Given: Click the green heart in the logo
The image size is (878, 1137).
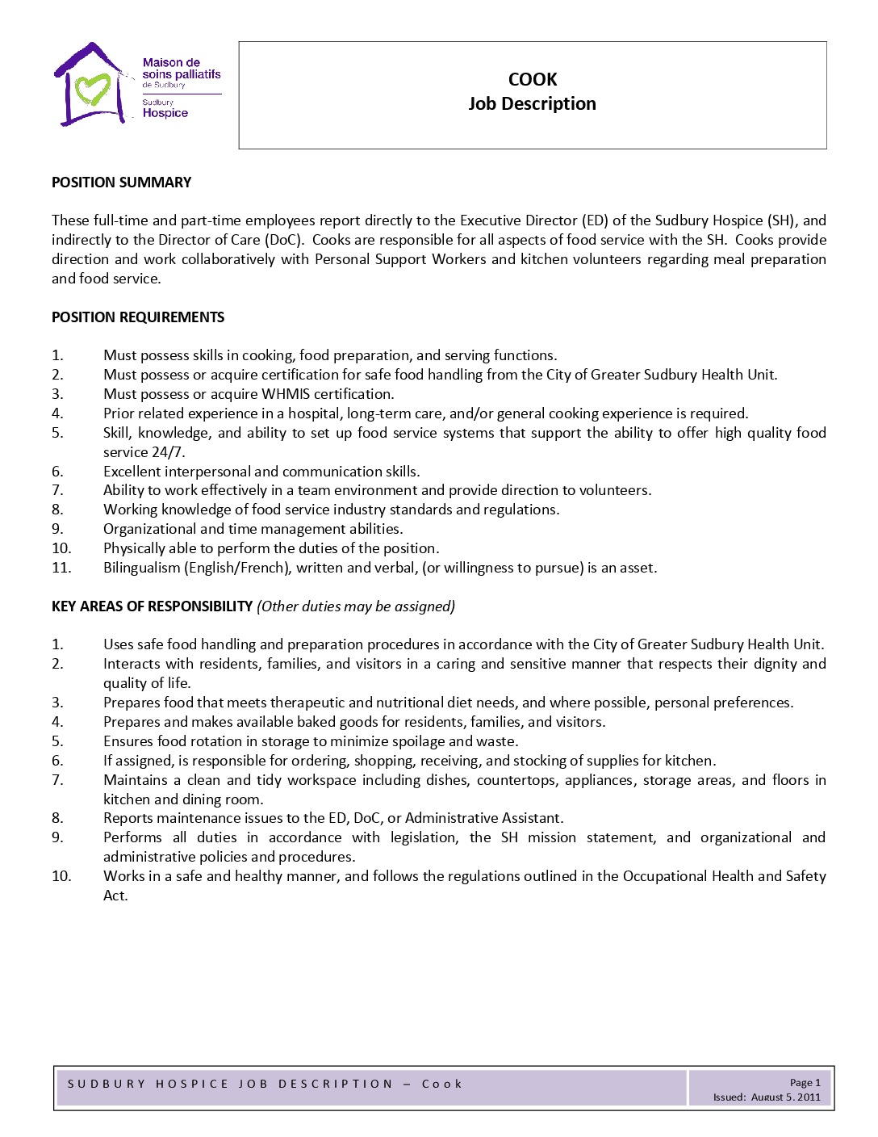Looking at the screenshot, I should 92,89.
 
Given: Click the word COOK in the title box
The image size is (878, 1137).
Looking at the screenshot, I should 533,79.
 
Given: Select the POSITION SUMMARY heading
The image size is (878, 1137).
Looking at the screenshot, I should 122,183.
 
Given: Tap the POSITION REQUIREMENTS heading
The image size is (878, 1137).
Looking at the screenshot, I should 138,317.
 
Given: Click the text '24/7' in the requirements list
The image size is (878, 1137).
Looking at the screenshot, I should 169,452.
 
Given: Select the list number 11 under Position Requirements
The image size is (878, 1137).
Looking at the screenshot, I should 61,568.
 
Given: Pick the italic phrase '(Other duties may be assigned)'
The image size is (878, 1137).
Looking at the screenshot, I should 356,606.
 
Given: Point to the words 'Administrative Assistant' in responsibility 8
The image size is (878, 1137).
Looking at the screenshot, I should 483,818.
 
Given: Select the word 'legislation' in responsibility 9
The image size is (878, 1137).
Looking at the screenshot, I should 424,837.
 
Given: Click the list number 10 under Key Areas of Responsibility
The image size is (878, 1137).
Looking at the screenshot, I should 61,876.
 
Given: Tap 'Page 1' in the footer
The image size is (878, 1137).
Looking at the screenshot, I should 805,1083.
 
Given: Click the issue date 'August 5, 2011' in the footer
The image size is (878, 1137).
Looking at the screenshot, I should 785,1097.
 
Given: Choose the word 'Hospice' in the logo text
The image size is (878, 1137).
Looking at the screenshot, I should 165,113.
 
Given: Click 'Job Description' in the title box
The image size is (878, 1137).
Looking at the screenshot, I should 533,103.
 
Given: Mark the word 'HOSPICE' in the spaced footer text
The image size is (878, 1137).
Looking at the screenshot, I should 192,1084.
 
